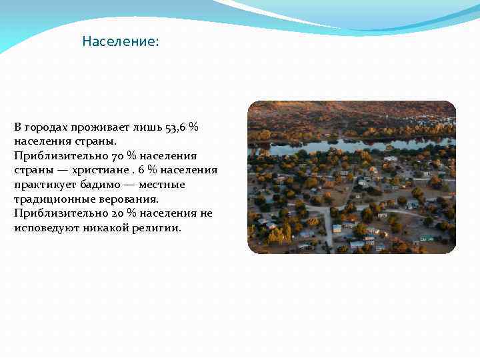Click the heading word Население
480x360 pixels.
120,42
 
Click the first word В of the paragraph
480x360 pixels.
18,127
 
